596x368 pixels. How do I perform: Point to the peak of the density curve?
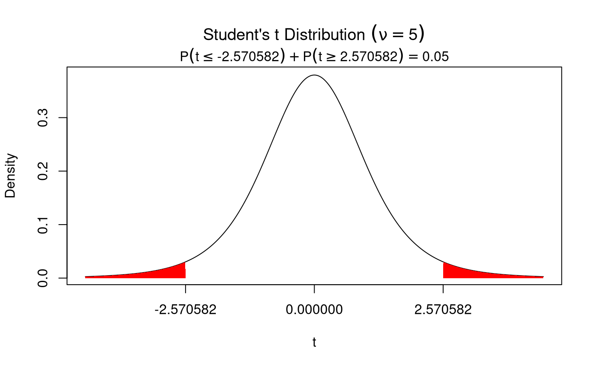pyautogui.click(x=314, y=75)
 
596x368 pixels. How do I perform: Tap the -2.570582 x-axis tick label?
pyautogui.click(x=185, y=310)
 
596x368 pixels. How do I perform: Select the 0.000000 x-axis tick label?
pyautogui.click(x=314, y=310)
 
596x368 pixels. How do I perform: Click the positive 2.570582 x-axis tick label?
pyautogui.click(x=443, y=310)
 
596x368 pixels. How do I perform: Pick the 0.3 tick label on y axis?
pyautogui.click(x=43, y=118)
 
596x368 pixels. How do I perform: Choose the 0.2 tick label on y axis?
pyautogui.click(x=43, y=171)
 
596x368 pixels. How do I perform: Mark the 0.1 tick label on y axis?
pyautogui.click(x=43, y=225)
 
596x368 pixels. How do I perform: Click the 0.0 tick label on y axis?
pyautogui.click(x=43, y=278)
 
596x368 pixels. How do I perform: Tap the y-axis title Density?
pyautogui.click(x=10, y=175)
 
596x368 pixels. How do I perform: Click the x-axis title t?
pyautogui.click(x=314, y=342)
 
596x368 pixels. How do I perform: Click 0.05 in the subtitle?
pyautogui.click(x=435, y=57)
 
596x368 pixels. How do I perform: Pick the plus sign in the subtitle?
pyautogui.click(x=294, y=57)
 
